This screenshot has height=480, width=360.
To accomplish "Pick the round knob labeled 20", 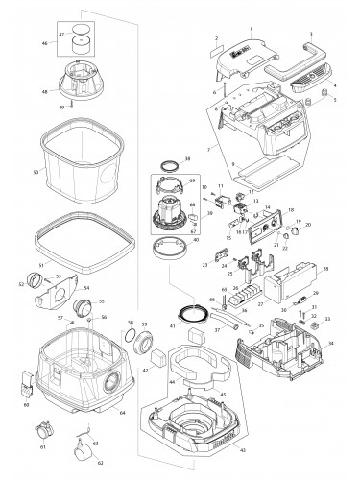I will tap(295, 233).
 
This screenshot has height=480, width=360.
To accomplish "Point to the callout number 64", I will tap(122, 413).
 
